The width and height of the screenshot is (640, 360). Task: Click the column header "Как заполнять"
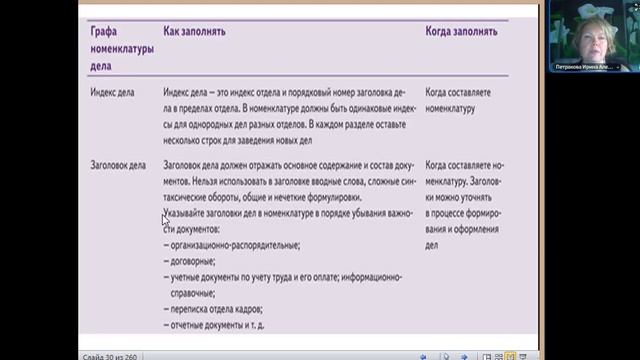194,32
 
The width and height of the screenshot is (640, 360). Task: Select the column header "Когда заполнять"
461,32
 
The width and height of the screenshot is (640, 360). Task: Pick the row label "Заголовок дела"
119,164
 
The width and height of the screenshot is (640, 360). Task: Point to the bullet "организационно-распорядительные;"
232,245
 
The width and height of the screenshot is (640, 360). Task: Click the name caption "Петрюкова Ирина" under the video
584,67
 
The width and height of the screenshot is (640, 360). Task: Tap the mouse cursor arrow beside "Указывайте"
165,219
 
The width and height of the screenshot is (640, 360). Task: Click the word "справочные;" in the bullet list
191,293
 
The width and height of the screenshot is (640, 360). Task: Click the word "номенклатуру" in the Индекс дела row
450,108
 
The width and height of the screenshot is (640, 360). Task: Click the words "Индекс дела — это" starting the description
199,91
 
